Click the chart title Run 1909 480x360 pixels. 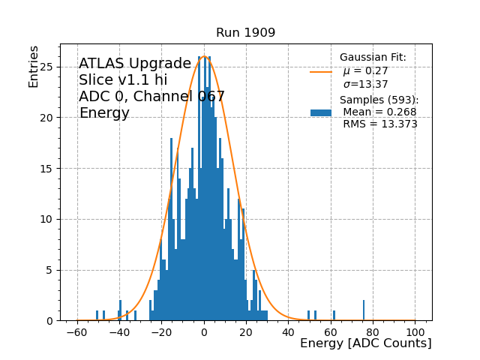245,33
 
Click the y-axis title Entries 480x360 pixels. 34,65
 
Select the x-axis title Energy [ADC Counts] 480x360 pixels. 365,343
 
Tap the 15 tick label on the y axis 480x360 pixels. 48,169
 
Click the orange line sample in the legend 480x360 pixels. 321,72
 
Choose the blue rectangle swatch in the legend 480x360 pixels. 321,112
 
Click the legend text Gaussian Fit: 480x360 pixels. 373,58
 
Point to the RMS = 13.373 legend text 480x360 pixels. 380,124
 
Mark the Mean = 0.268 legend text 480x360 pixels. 379,112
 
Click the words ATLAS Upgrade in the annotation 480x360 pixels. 135,64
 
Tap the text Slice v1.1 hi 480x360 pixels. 123,80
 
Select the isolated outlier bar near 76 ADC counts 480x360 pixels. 364,310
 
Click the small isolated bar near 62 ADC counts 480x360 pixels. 334,315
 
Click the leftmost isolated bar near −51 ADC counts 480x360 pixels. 97,315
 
